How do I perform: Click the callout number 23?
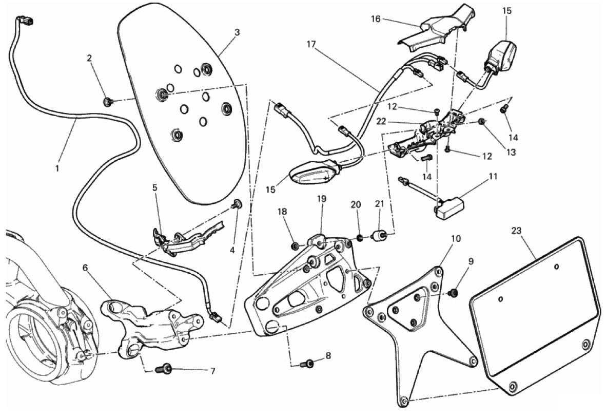tap(516, 231)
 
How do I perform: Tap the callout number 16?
tap(376, 19)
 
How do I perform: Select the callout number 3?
tap(237, 32)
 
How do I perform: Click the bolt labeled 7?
tap(165, 368)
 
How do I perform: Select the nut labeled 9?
tap(453, 293)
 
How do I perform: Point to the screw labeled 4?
tap(237, 205)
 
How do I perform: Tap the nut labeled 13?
tap(482, 122)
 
